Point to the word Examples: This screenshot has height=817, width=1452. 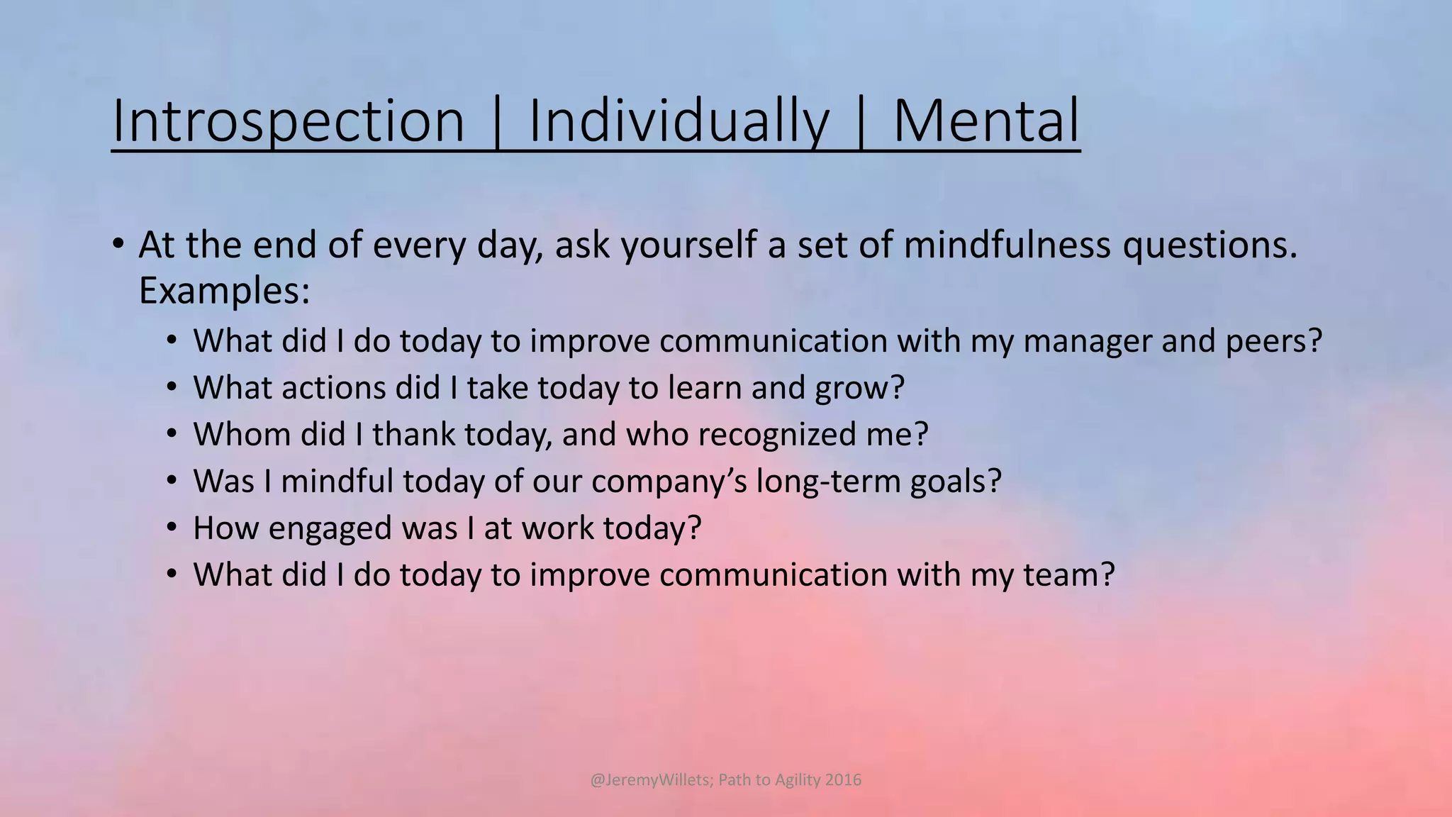tap(224, 291)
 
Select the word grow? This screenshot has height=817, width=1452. tap(860, 388)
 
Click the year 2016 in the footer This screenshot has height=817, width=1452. tap(843, 780)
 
